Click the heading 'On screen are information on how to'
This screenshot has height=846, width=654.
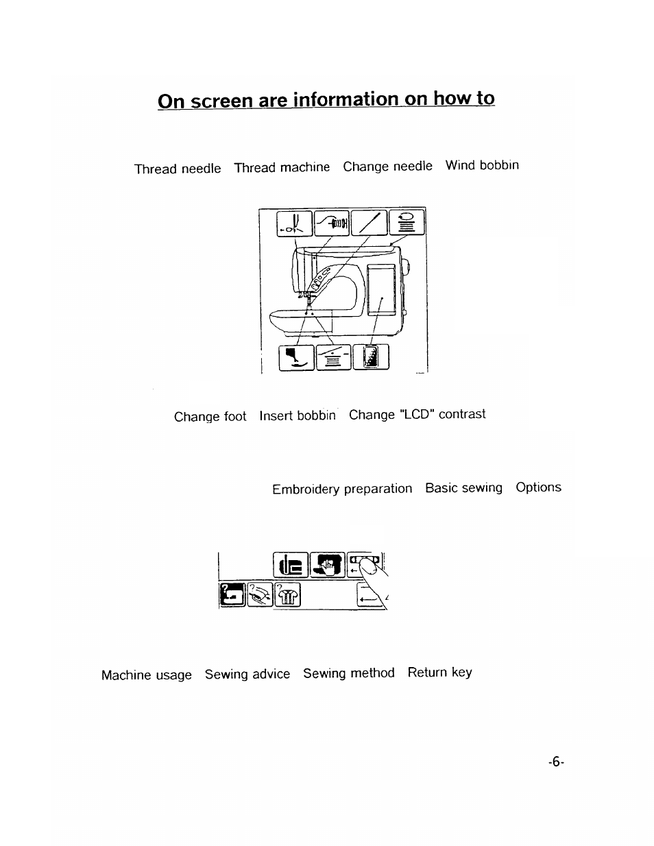coord(326,99)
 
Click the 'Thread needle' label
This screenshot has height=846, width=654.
coord(178,169)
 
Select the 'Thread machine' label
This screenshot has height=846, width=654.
coord(282,167)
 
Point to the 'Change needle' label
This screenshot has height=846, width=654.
coord(388,167)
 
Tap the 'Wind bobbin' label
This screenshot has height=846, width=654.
coord(482,165)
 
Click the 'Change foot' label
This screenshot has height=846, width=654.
coord(210,417)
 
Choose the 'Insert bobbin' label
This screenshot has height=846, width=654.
coord(298,415)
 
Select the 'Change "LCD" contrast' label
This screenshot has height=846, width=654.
coord(417,415)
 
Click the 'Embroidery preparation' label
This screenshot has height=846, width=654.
coord(342,489)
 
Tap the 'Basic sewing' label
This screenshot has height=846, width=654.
coord(463,487)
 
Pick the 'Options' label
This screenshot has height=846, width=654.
coord(538,487)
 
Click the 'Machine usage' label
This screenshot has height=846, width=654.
coord(147,675)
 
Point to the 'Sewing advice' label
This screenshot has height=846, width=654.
coord(247,675)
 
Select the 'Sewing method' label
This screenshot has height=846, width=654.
coord(349,673)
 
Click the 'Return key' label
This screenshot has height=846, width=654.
coord(439,673)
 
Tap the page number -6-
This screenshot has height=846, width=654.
coord(555,762)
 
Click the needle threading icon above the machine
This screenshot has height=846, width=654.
coord(295,223)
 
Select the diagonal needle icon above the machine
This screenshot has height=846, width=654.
coord(368,223)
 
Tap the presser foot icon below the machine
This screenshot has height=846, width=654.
coord(296,357)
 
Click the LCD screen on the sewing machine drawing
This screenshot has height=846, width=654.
coord(382,289)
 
